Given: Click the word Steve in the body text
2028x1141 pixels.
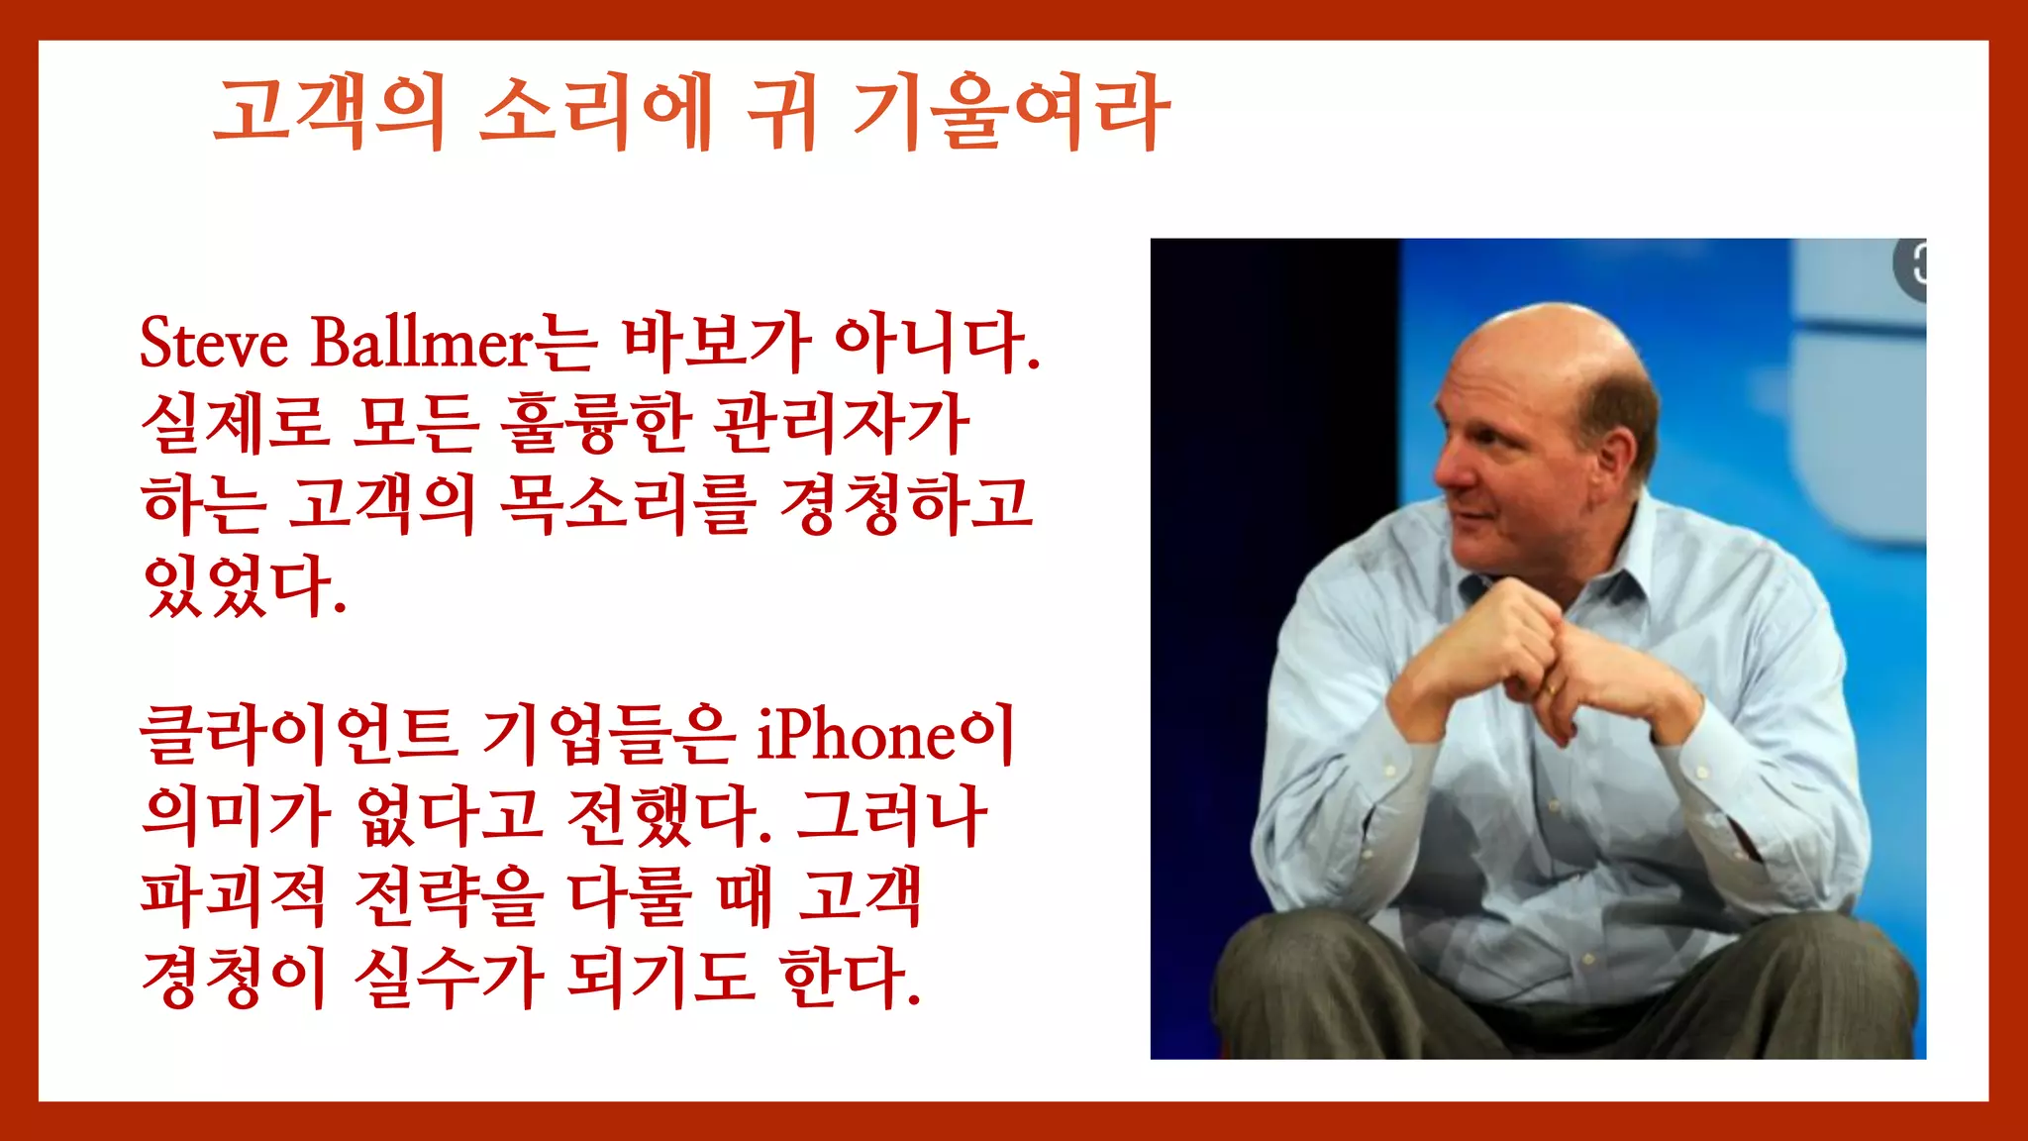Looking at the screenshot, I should pos(214,343).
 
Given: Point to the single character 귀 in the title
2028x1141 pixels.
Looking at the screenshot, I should pos(781,111).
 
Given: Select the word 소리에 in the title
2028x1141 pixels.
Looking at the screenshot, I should pos(595,111).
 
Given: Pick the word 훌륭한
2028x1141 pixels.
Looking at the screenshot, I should pos(595,423).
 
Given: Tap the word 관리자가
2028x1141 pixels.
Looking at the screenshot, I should pos(843,423).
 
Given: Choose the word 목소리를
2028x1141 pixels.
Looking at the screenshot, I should pos(628,503).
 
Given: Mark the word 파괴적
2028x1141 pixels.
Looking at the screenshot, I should pos(234,895).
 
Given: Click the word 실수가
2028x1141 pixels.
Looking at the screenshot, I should pos(450,977).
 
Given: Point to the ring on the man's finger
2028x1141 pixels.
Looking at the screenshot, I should pos(1549,686).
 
